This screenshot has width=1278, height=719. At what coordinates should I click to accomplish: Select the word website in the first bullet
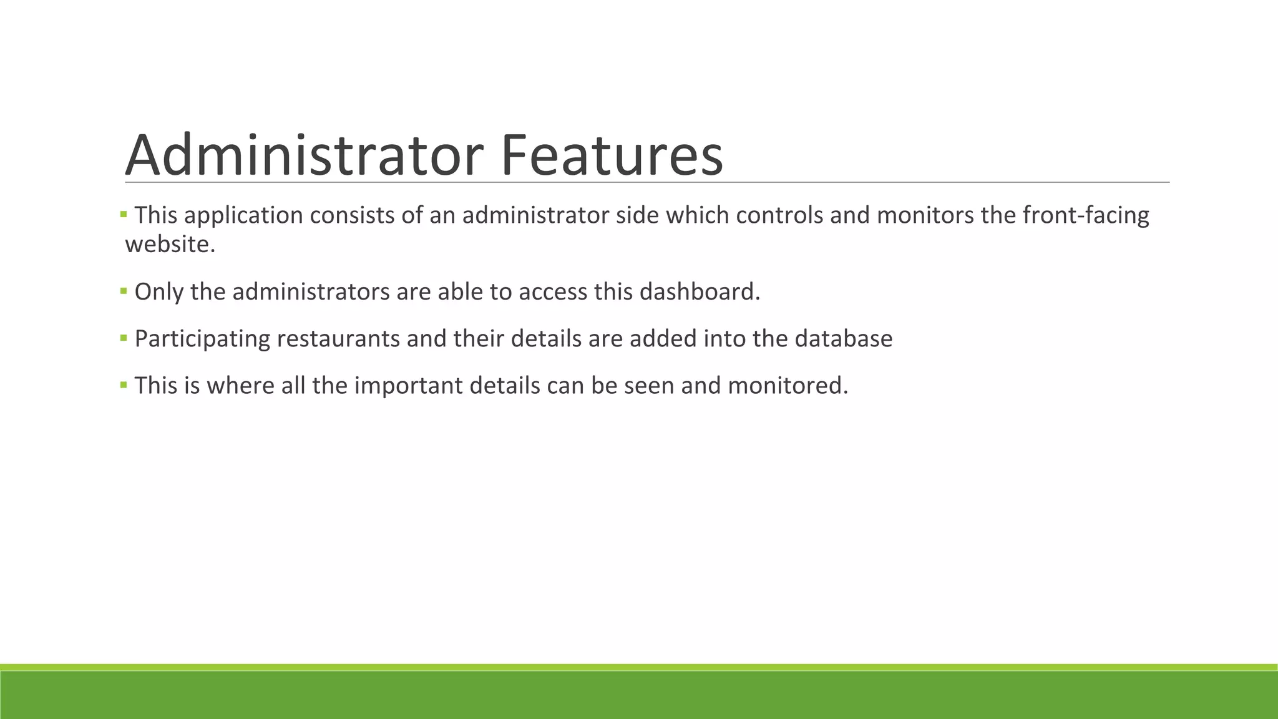170,244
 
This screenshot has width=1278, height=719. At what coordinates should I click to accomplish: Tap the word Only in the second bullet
159,291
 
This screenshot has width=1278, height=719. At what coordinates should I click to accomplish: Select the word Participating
202,338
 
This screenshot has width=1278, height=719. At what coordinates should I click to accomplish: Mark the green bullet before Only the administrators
124,291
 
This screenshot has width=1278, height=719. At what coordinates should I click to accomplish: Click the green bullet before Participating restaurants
124,338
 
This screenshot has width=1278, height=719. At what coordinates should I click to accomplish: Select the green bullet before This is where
124,384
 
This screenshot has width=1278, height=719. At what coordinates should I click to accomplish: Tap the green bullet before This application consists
124,215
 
